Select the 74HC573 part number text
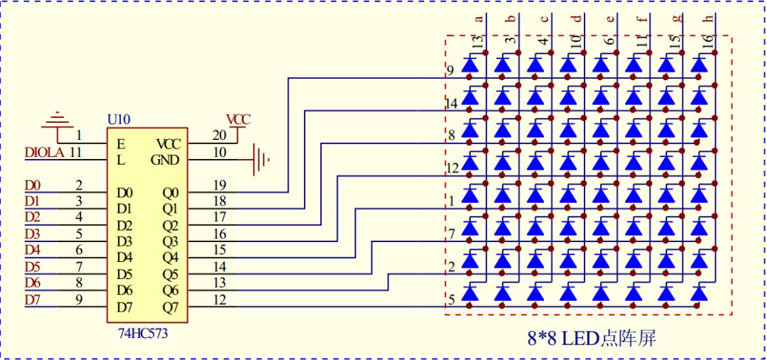tap(143, 334)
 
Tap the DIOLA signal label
tap(45, 153)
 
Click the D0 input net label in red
tap(33, 185)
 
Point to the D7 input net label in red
tap(33, 300)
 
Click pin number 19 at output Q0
tap(219, 185)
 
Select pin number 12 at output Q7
tap(219, 300)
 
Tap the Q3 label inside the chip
tap(170, 241)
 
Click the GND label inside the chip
tap(165, 160)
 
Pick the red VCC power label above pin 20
tap(238, 119)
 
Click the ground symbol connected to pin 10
tap(260, 160)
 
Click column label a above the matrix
tap(479, 19)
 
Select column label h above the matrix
tap(709, 18)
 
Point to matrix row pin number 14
tap(452, 103)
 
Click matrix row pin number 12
tap(452, 169)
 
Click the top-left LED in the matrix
tap(470, 65)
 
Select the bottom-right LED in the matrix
tap(699, 293)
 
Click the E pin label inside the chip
tap(120, 144)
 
